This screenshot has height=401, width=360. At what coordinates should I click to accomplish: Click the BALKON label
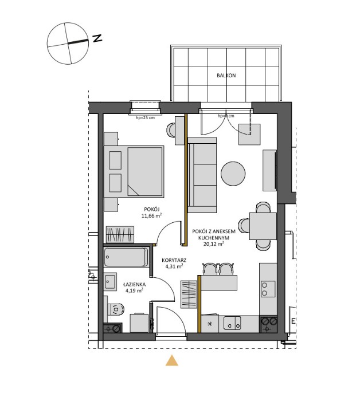coord(226,75)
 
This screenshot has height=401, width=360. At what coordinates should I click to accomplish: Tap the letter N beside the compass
coord(97,38)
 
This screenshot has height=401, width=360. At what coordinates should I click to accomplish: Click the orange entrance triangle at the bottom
coord(171,360)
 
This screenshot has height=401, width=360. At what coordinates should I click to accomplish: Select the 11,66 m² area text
coord(151,216)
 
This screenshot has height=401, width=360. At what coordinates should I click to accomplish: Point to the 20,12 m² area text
coord(214,243)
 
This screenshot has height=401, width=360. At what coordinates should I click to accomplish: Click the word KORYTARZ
coord(172,258)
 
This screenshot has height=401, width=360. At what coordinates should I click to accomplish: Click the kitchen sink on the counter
coord(232,324)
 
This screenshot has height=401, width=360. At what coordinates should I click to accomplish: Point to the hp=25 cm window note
coord(146,117)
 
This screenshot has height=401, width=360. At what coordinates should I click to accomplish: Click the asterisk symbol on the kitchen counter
coord(210,324)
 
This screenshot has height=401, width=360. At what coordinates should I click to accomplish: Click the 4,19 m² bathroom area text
coord(134,291)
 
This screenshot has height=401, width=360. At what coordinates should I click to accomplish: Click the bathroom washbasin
coord(109,280)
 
